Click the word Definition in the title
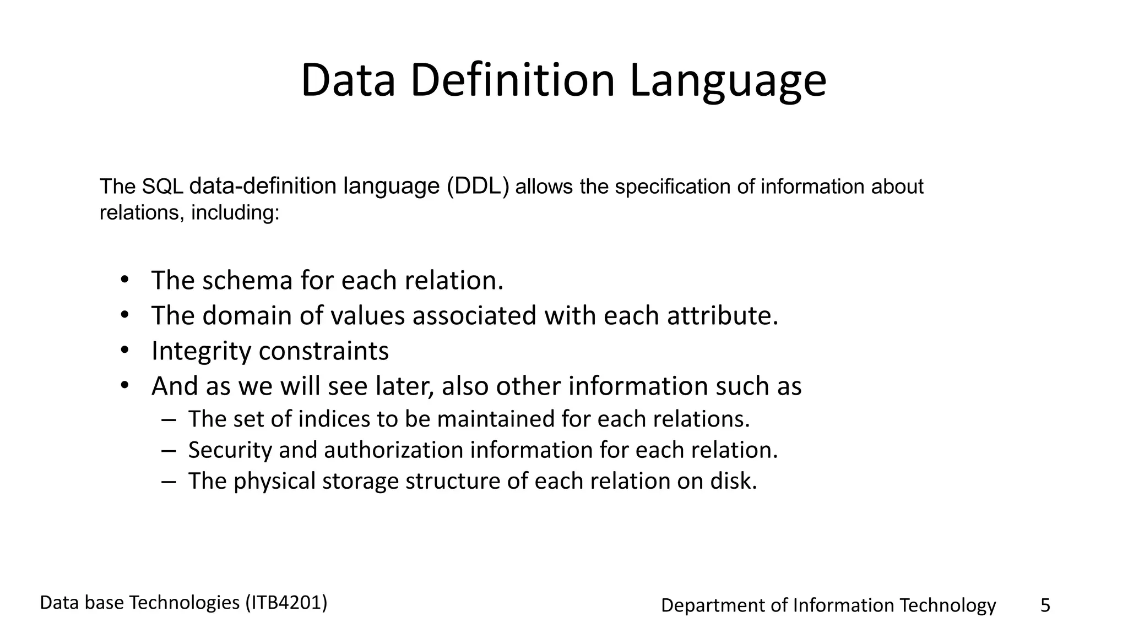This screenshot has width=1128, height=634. tap(512, 81)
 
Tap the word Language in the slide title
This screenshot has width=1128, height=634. tap(728, 81)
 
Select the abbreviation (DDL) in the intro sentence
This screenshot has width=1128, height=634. tap(478, 187)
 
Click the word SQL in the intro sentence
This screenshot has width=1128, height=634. tap(162, 187)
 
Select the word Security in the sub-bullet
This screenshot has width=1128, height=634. tap(230, 450)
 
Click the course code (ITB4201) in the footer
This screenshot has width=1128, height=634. tap(286, 603)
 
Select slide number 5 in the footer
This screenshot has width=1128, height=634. tap(1045, 605)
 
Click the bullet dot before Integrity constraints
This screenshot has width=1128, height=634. tap(124, 350)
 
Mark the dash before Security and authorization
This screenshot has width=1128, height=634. tap(169, 450)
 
